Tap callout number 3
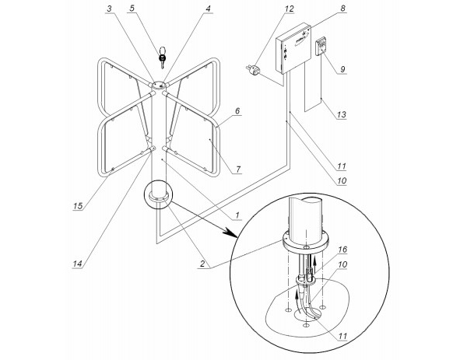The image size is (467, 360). [111, 9]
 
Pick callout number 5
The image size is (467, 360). [132, 9]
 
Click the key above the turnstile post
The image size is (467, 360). [163, 57]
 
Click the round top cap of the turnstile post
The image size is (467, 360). [159, 85]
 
